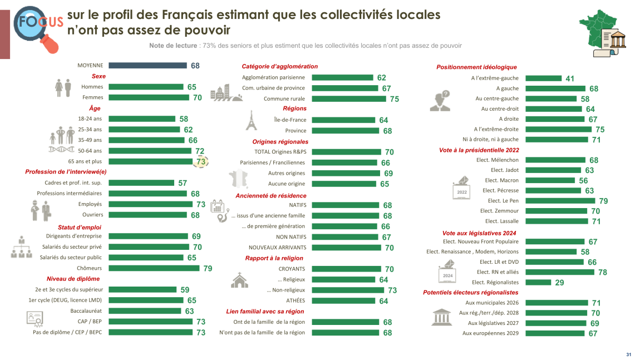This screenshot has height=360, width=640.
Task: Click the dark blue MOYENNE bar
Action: (147, 66)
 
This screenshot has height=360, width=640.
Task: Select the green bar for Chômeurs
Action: (154, 268)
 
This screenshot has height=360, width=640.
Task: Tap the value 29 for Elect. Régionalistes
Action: (559, 283)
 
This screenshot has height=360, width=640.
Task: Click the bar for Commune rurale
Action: (348, 99)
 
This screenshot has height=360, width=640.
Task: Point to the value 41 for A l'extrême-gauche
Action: (570, 79)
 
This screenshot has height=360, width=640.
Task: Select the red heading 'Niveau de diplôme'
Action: (73, 279)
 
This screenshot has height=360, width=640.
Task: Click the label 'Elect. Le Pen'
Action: (503, 201)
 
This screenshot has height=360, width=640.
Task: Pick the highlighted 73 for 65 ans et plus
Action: (201, 161)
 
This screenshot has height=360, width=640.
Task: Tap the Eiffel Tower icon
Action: (251, 120)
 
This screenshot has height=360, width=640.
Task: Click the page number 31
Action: (628, 354)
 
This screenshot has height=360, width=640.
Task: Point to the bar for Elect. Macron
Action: (551, 180)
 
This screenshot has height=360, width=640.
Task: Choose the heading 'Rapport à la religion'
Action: (274, 258)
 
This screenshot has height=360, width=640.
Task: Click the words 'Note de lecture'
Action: (173, 46)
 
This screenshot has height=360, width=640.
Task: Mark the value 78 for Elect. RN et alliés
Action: (603, 273)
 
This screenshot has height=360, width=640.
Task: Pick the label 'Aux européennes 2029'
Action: (490, 333)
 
